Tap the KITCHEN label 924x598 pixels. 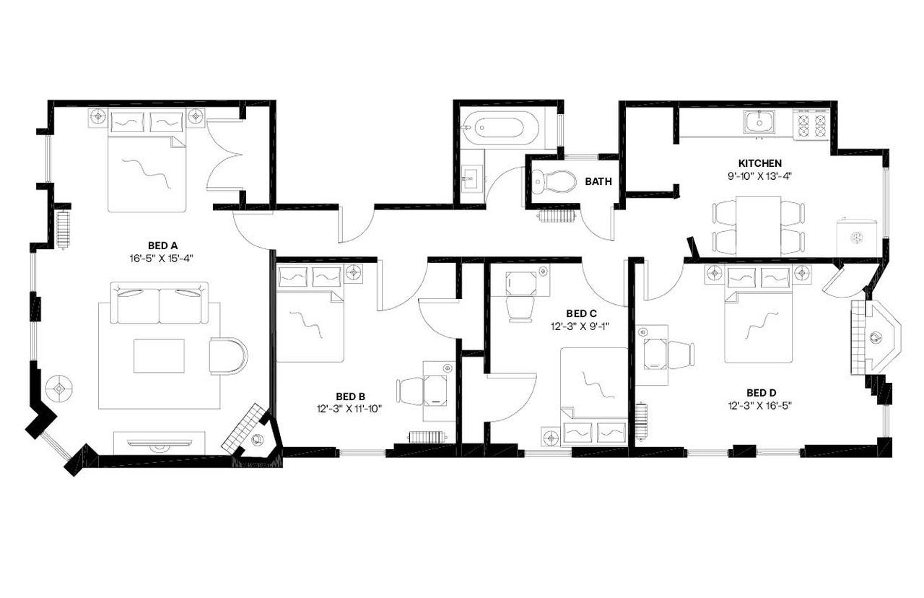pos(759,163)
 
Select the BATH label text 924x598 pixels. pos(598,182)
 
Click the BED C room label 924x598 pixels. pos(580,313)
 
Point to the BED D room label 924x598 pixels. pos(761,394)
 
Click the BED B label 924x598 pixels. pos(350,396)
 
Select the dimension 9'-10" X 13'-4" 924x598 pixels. pos(759,175)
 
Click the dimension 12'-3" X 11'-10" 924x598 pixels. pos(350,408)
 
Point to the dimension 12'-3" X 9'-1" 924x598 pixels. pos(580,326)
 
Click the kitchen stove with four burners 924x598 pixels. pos(811,125)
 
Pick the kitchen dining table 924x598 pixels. pos(759,224)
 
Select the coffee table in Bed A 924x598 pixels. pos(159,355)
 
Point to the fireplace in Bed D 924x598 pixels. pos(876,337)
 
